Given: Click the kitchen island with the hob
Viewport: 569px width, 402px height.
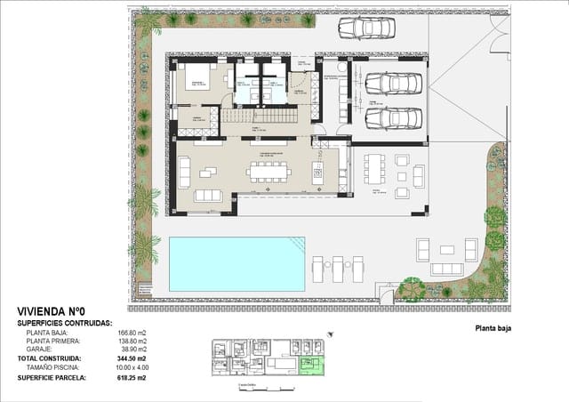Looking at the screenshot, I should tap(318, 171).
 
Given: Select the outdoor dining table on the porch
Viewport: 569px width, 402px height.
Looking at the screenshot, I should tap(373, 168).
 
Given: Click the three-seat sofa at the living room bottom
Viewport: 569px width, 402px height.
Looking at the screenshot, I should tap(210, 196).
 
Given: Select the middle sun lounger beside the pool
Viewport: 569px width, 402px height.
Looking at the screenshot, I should tap(338, 267).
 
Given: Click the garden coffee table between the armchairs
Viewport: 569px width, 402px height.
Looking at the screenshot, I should tap(445, 253).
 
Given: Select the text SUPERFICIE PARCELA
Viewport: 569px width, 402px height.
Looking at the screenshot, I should tap(52, 378).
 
